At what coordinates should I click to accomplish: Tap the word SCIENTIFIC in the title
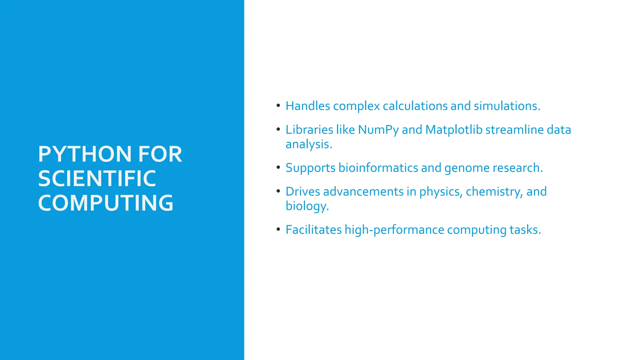pos(97,178)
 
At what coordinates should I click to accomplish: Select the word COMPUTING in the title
pos(106,203)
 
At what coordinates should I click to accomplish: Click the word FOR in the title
pos(160,154)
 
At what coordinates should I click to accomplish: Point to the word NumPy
pos(378,130)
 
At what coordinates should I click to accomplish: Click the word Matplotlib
pos(454,130)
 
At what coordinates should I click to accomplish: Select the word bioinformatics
pos(378,168)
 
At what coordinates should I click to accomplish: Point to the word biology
pos(307,206)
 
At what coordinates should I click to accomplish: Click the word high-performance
pos(394,230)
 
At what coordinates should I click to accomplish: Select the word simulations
pos(507,106)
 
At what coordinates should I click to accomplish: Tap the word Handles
pos(308,106)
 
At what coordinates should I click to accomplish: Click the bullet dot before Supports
pos(278,167)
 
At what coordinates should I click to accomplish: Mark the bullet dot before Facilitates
pos(278,229)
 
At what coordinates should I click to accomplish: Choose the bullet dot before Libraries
pos(278,129)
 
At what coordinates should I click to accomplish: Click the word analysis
pos(308,144)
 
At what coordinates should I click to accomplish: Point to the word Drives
pos(303,192)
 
